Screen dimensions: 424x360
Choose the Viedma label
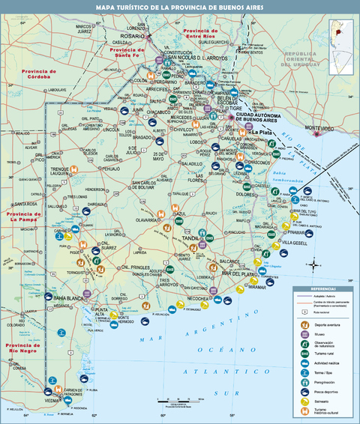click(52, 401)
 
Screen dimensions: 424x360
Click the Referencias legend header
click(324, 288)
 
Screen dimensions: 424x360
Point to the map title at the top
click(180, 7)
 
